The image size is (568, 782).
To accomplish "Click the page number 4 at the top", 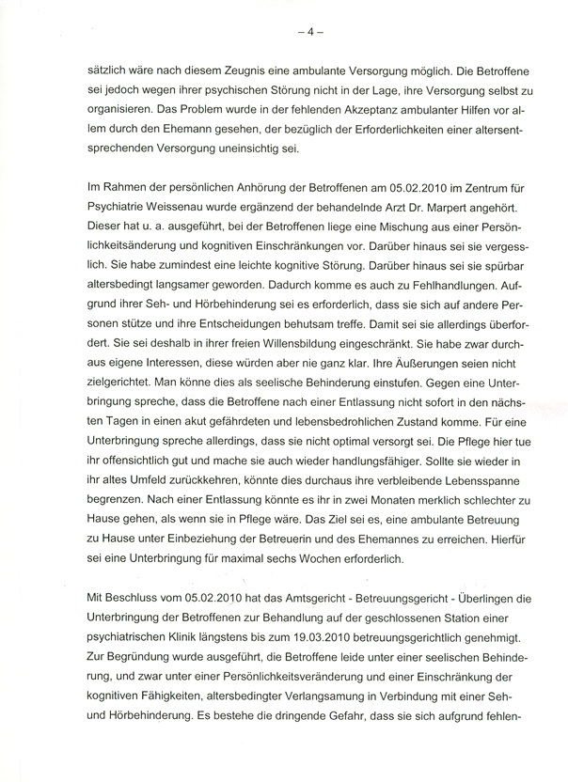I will tap(309, 29).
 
